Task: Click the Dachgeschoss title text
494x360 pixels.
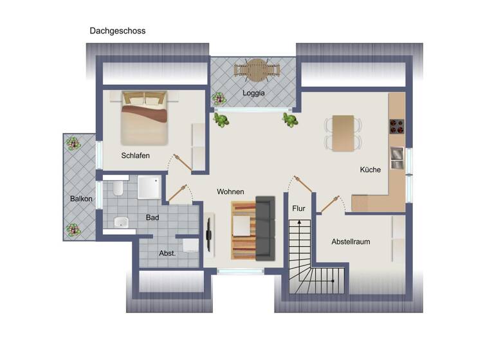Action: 118,30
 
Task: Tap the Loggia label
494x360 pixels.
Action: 253,93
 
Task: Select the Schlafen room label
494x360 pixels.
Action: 135,155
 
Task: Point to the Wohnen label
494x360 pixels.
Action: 230,192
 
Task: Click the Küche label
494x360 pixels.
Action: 370,170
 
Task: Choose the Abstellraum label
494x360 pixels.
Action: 351,242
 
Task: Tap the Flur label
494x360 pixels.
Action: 298,208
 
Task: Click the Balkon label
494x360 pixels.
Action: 81,199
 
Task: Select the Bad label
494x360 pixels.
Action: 152,217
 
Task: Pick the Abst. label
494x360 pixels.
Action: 167,253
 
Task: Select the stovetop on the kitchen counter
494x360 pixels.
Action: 396,125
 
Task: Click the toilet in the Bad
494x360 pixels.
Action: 117,189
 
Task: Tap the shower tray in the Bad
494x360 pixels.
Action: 149,187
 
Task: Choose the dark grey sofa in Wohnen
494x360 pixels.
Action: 265,228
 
